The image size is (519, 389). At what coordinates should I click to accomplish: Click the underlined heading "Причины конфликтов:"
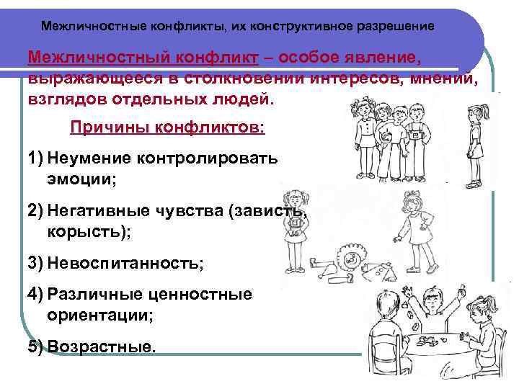click(x=167, y=128)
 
